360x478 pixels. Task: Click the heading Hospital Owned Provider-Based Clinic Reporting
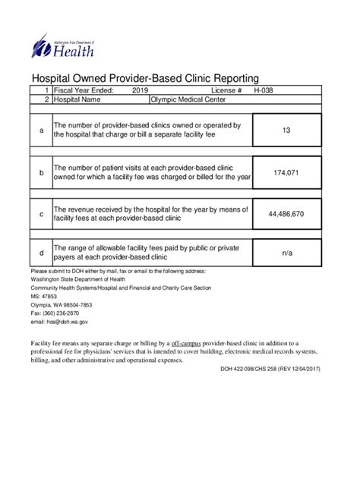[145, 77]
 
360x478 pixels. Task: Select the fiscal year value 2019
[141, 90]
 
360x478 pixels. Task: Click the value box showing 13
[286, 131]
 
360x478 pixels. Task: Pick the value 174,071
[286, 172]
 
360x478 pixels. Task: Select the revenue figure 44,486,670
[286, 214]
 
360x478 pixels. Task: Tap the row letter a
[41, 131]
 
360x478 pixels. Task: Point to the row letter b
[41, 173]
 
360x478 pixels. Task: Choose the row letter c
[41, 215]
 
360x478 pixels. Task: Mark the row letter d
[41, 252]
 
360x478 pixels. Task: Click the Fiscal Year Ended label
[84, 90]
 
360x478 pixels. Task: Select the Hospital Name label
[77, 99]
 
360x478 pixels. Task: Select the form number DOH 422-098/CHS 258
[247, 370]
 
